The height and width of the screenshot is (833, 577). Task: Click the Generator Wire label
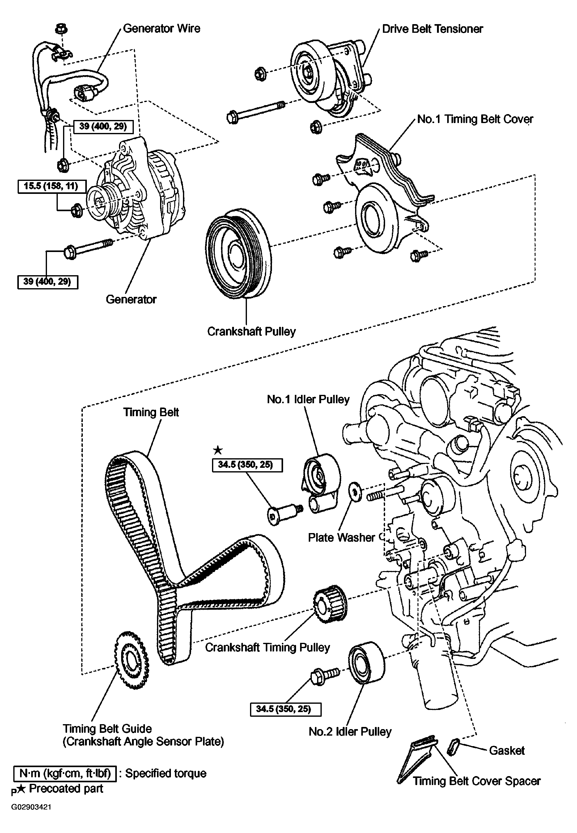(161, 28)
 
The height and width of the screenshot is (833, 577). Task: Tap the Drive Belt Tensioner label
(432, 29)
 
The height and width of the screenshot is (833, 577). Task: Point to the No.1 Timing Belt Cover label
(475, 119)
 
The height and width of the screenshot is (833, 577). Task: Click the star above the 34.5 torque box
(218, 450)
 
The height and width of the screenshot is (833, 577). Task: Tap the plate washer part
(355, 492)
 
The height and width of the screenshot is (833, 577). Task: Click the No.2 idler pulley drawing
(367, 663)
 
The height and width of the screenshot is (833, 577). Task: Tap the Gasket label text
(506, 750)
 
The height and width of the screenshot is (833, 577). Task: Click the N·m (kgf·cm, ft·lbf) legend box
(65, 773)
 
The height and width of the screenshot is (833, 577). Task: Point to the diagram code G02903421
(31, 807)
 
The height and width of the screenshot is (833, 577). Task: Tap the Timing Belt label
(151, 412)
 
